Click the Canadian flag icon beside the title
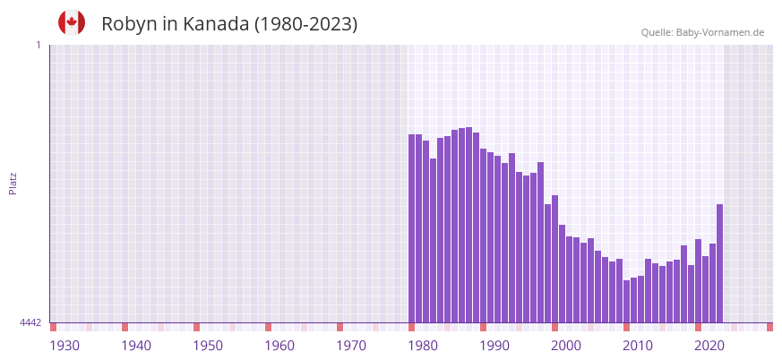(72, 22)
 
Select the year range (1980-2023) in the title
(305, 24)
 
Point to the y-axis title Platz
(13, 183)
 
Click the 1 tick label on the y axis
(38, 45)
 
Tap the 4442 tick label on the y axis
(30, 322)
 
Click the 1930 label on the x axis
(64, 346)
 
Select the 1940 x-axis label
(136, 346)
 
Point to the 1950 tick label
(208, 346)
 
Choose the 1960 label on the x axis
(279, 346)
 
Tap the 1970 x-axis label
(351, 346)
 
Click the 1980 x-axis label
(423, 346)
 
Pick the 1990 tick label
(494, 346)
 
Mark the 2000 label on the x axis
(566, 346)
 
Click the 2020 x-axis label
(709, 346)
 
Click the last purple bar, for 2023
(719, 263)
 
